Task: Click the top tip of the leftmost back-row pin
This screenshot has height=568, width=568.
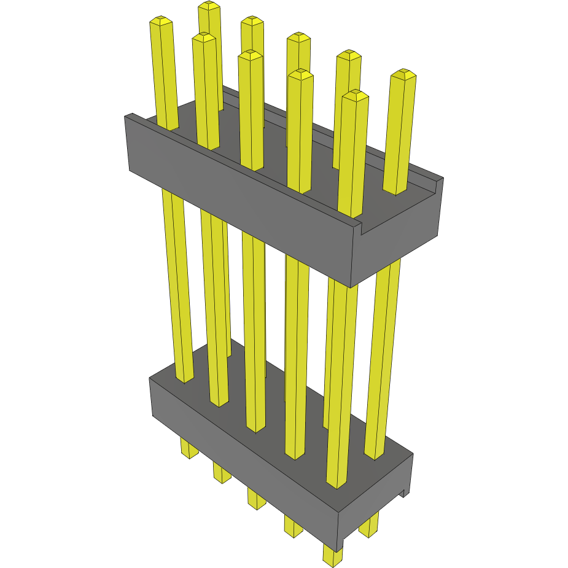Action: (209, 7)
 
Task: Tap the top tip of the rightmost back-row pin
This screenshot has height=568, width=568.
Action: (403, 74)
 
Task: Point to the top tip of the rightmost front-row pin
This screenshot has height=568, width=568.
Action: (356, 95)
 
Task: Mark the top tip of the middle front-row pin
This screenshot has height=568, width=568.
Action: (251, 56)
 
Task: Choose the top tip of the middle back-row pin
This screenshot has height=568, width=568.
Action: (298, 37)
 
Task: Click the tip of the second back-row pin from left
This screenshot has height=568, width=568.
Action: (252, 21)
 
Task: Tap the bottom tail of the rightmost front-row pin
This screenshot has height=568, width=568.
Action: (332, 558)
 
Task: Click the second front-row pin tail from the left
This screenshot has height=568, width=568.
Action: (222, 474)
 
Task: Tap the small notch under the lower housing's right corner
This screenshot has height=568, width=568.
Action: (405, 492)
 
